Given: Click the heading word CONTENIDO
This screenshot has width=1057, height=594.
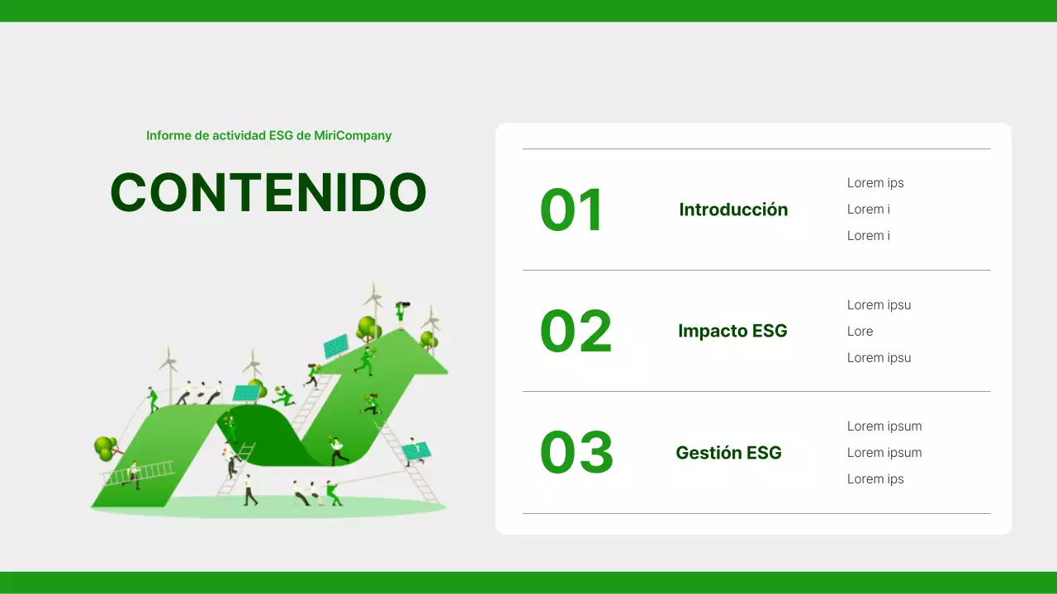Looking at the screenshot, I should pyautogui.click(x=268, y=193).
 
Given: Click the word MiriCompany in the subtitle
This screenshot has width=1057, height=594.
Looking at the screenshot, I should pyautogui.click(x=353, y=135).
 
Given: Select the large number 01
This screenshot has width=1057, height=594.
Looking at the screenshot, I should pyautogui.click(x=571, y=210).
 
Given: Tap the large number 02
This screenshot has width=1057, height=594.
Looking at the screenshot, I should pyautogui.click(x=576, y=331).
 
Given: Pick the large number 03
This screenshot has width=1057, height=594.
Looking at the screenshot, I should pyautogui.click(x=576, y=452).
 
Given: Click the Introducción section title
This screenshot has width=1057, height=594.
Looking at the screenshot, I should pyautogui.click(x=733, y=210).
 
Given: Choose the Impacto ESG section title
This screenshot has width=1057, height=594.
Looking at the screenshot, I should pyautogui.click(x=732, y=331).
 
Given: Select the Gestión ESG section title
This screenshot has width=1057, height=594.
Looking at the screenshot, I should pyautogui.click(x=728, y=452).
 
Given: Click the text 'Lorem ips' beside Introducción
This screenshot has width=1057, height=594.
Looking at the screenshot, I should pyautogui.click(x=875, y=183).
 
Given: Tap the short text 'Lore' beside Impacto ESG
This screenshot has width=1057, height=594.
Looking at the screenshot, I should pyautogui.click(x=860, y=331).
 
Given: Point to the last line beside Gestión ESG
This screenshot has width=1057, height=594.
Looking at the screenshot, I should pyautogui.click(x=875, y=478).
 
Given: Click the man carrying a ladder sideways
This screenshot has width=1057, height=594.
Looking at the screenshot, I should pyautogui.click(x=132, y=475).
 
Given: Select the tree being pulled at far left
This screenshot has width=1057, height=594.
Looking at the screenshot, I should pyautogui.click(x=105, y=448).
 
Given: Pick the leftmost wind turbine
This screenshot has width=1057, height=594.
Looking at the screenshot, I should pyautogui.click(x=168, y=367).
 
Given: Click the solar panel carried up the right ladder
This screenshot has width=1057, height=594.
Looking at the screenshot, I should pyautogui.click(x=415, y=450).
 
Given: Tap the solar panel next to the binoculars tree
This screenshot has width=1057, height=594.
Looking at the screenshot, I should pyautogui.click(x=335, y=346).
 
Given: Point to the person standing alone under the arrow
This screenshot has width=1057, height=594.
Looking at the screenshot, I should pyautogui.click(x=249, y=490).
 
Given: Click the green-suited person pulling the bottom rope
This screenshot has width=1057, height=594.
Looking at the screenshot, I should pyautogui.click(x=333, y=493).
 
